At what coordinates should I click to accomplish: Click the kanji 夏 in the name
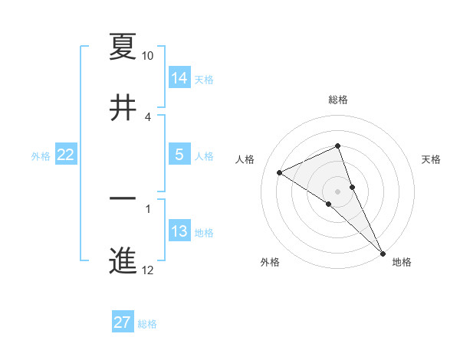point(123,47)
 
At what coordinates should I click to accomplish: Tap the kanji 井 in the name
point(123,109)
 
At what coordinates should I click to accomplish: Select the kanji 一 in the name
point(123,199)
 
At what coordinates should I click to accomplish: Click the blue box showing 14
point(179,77)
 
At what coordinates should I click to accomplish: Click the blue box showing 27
point(123,322)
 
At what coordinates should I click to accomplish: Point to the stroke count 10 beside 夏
point(148,56)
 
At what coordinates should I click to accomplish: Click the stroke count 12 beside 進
point(148,270)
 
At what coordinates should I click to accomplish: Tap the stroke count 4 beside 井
point(148,117)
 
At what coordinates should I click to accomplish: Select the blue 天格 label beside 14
point(204,80)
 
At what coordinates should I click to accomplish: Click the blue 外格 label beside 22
point(41,156)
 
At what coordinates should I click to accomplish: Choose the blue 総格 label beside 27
point(147,324)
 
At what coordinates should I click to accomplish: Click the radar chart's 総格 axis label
point(338,100)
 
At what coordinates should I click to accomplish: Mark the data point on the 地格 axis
point(382,252)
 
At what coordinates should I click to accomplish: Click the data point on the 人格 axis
point(280,172)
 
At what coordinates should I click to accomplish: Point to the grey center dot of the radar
point(337,191)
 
